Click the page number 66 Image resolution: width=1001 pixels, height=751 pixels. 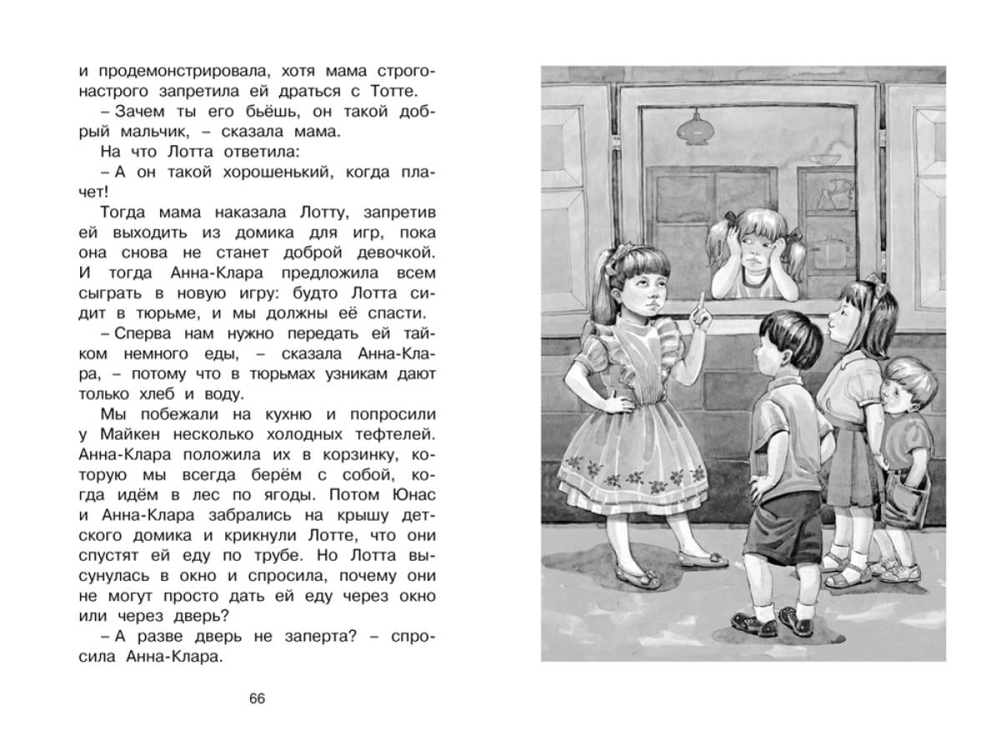[257, 698]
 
